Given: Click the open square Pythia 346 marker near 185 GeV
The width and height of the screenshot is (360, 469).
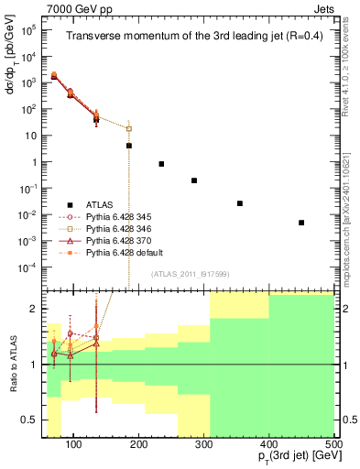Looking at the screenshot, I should point(129,128).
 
